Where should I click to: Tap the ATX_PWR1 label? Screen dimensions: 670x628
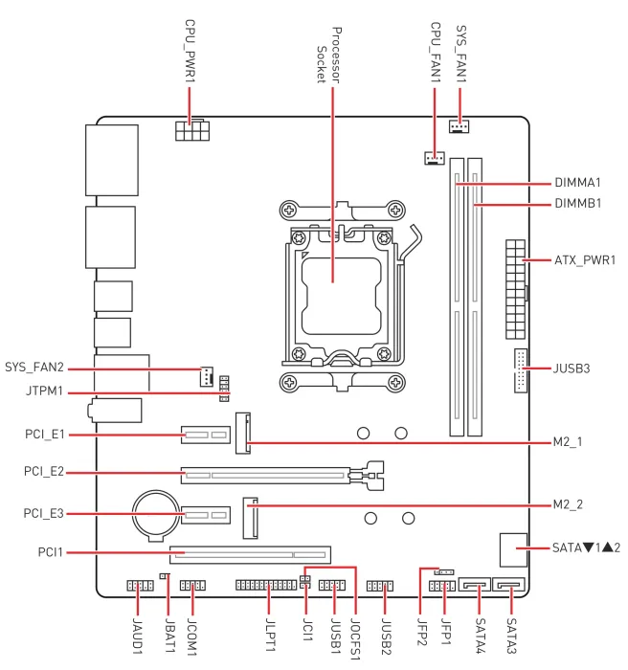[x=585, y=260]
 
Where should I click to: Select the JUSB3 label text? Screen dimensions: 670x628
[x=578, y=368]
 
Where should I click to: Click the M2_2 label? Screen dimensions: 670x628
[x=574, y=505]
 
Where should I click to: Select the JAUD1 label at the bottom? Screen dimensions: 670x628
[x=138, y=636]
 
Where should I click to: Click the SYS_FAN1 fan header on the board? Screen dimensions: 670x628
[x=459, y=126]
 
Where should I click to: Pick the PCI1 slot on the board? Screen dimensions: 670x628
[x=250, y=553]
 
